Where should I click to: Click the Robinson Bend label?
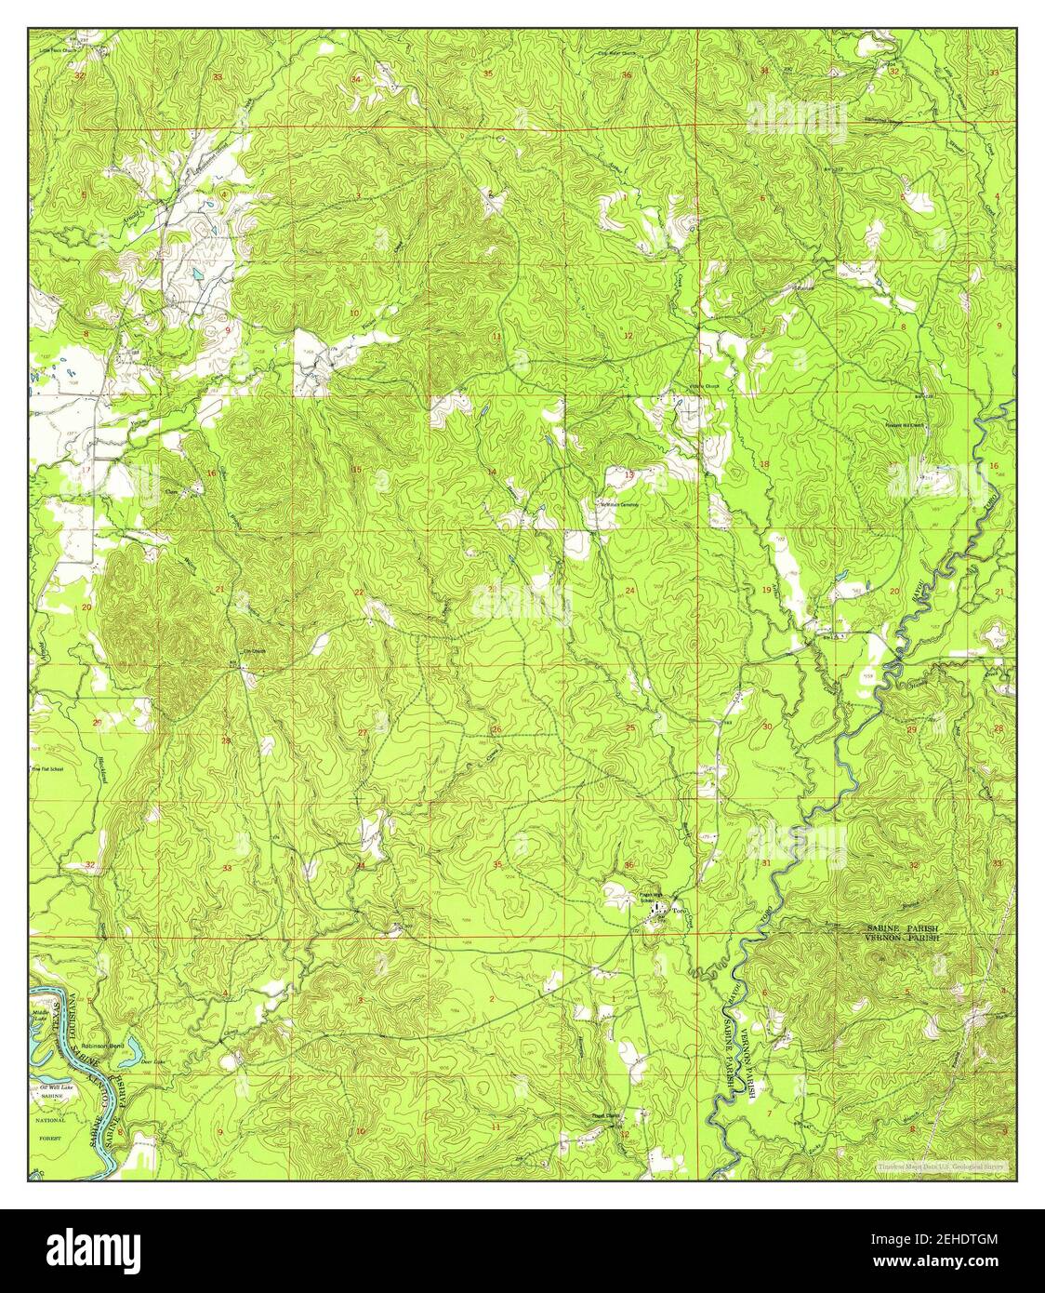102,1046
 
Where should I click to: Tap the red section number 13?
629,475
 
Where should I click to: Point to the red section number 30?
767,726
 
